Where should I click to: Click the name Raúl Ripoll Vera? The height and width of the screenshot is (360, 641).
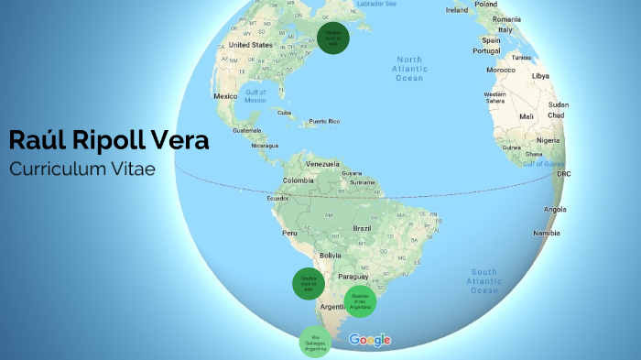pyautogui.click(x=109, y=140)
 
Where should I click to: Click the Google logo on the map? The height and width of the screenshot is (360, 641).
pyautogui.click(x=370, y=340)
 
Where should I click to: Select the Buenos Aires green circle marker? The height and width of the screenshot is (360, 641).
pyautogui.click(x=360, y=301)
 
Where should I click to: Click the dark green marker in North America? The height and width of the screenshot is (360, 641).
pyautogui.click(x=333, y=38)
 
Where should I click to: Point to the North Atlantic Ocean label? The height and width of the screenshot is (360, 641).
pyautogui.click(x=408, y=69)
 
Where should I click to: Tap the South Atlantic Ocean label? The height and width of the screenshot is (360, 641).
pyautogui.click(x=484, y=281)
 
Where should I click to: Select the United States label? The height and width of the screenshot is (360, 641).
pyautogui.click(x=250, y=44)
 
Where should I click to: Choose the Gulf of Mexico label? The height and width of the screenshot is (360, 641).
pyautogui.click(x=256, y=95)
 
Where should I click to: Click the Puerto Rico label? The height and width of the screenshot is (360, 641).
pyautogui.click(x=324, y=122)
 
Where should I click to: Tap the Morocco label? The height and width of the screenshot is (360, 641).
pyautogui.click(x=500, y=70)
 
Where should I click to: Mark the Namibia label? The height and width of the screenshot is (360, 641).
pyautogui.click(x=546, y=233)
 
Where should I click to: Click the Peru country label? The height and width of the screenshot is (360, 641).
pyautogui.click(x=289, y=233)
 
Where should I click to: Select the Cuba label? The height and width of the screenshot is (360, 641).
pyautogui.click(x=284, y=113)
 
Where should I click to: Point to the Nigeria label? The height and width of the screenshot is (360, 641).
pyautogui.click(x=549, y=140)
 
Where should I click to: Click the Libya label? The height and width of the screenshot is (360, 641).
pyautogui.click(x=541, y=75)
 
